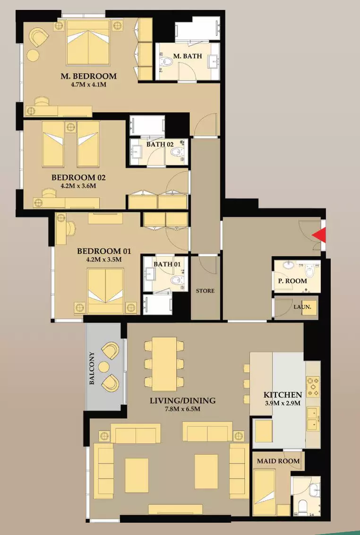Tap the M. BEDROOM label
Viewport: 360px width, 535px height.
(89, 76)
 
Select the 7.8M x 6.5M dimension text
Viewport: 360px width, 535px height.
(182, 409)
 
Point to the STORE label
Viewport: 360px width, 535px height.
(205, 291)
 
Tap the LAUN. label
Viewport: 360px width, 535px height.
(302, 307)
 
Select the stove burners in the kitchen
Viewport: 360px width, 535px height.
(313, 387)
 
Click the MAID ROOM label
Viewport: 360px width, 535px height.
(278, 461)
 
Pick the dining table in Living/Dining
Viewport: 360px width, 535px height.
(164, 364)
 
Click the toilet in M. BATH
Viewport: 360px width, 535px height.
(166, 62)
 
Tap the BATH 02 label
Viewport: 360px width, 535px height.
(160, 144)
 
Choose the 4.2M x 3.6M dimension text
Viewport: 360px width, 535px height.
(78, 186)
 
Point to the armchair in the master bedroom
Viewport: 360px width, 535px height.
(39, 37)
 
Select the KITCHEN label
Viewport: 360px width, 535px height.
(283, 395)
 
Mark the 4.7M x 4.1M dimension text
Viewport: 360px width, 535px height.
(88, 84)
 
